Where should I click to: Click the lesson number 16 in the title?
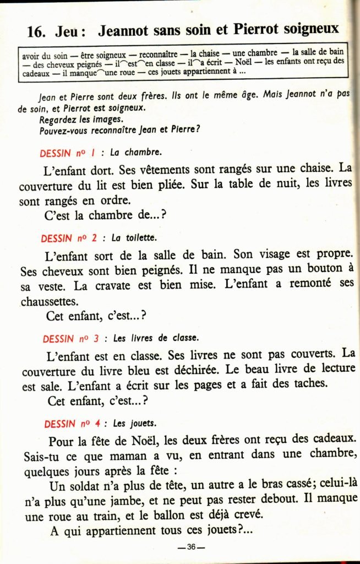(x=36, y=31)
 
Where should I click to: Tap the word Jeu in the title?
(x=68, y=31)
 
